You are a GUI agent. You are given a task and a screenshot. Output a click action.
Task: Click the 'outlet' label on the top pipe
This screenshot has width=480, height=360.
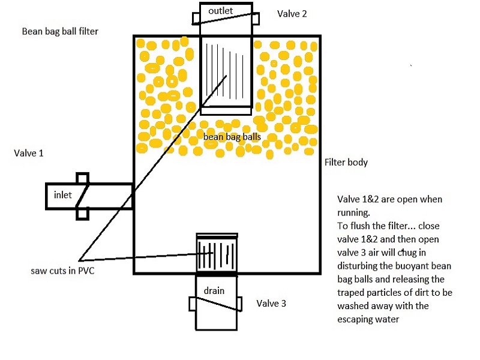click(x=221, y=11)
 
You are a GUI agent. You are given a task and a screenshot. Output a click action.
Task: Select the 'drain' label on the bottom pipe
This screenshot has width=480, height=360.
click(x=214, y=291)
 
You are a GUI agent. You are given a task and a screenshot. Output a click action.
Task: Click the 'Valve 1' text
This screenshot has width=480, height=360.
click(x=29, y=153)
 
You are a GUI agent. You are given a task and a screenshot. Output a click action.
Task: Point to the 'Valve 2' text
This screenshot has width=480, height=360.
click(x=292, y=13)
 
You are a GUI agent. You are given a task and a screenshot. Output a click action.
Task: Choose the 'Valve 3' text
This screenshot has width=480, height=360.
click(x=271, y=304)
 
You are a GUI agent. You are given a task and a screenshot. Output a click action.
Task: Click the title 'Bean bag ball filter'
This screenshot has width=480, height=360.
click(x=59, y=31)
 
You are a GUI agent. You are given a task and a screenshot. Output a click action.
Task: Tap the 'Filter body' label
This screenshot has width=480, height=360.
click(x=346, y=163)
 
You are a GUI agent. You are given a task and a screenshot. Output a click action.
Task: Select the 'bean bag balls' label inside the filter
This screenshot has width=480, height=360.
click(x=232, y=137)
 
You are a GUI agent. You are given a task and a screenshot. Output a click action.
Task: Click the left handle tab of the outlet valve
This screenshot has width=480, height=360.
click(x=196, y=18)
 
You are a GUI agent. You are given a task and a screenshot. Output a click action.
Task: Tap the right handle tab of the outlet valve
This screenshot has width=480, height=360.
click(x=256, y=18)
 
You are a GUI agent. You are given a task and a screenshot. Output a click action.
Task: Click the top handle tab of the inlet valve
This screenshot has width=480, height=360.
click(x=83, y=178)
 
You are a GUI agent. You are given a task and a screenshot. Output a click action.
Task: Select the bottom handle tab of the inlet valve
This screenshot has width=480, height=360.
click(x=83, y=213)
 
